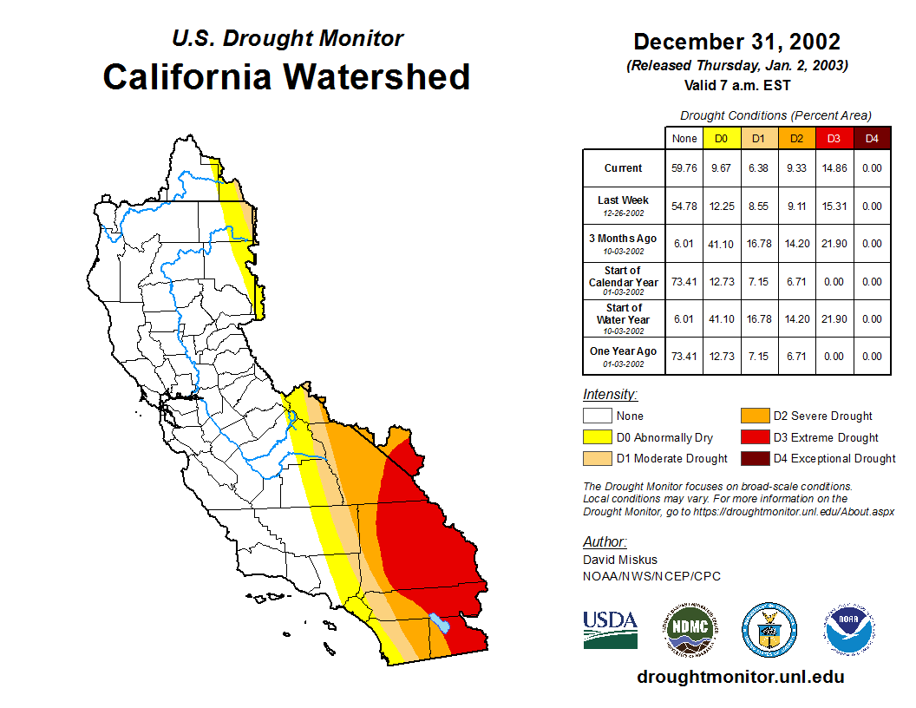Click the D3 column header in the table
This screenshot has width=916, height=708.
[x=834, y=138]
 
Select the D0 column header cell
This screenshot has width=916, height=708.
[x=722, y=138]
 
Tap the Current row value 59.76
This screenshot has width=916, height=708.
[x=684, y=168]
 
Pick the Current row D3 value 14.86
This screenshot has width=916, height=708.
[x=834, y=168]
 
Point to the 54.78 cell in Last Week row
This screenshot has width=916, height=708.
[x=684, y=206]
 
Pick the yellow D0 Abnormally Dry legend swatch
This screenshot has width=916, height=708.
[x=597, y=437]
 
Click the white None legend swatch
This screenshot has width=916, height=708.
[x=597, y=416]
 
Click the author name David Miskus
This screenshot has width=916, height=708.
[x=620, y=560]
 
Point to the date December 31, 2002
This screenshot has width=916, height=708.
[x=736, y=42]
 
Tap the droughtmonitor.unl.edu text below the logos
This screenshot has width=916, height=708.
[x=740, y=677]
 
